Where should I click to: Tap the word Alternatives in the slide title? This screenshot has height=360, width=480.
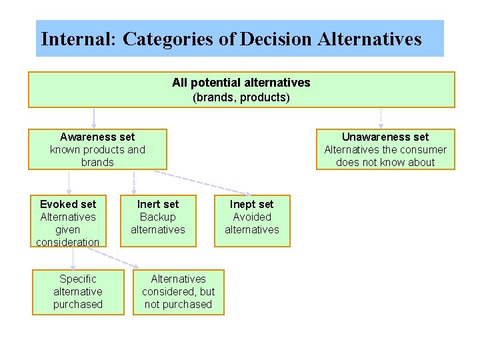[369, 39]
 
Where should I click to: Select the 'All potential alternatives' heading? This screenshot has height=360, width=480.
[241, 83]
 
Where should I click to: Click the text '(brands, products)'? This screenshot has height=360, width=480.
[241, 97]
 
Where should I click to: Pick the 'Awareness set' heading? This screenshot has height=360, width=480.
[97, 137]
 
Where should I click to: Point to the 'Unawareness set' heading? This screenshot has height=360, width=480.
[385, 137]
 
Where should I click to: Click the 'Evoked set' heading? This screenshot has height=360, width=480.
[68, 204]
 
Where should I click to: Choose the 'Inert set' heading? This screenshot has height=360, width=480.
[158, 204]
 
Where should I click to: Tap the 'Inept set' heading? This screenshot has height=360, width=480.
[251, 204]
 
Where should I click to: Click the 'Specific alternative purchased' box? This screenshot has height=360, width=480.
[78, 291]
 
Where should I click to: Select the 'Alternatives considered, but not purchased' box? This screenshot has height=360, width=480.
[178, 291]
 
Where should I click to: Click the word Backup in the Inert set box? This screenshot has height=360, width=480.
[158, 217]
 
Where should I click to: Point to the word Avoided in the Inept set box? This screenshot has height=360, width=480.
[252, 217]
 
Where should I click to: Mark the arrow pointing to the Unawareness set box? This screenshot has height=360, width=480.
[381, 118]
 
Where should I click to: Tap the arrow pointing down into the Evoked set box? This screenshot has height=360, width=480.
[69, 182]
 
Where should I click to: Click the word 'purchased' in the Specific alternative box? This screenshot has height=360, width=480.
[78, 304]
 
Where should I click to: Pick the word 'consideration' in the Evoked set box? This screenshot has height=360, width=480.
[68, 242]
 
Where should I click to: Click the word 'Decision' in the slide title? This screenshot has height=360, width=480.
[275, 39]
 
